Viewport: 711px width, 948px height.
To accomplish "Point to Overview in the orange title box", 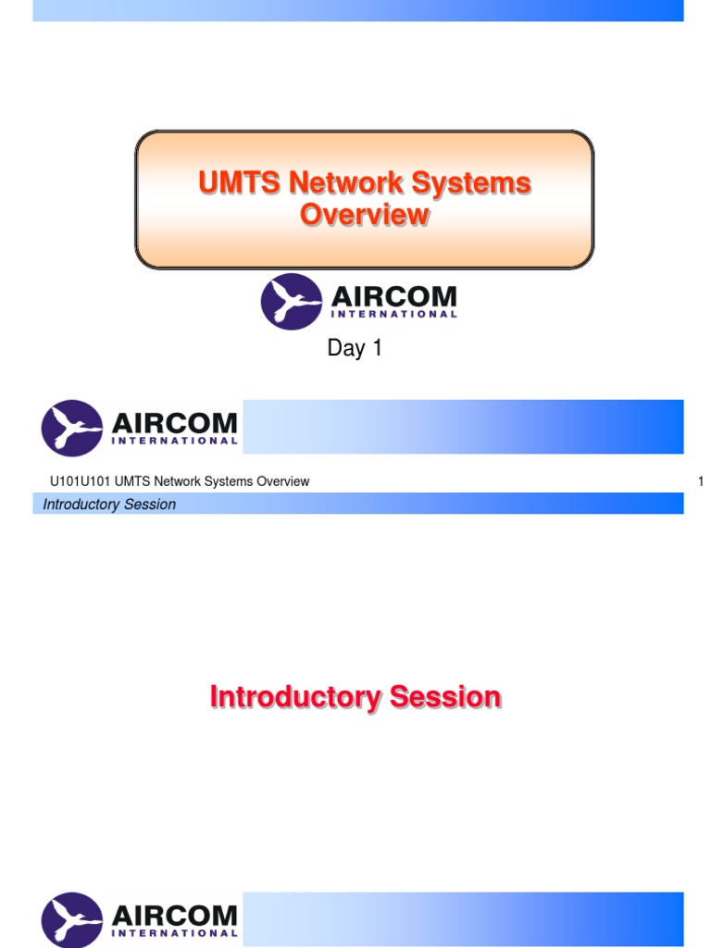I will tap(364, 215).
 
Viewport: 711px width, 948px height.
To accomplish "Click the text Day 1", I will tap(355, 349).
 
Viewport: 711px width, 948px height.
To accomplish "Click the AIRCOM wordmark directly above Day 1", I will tap(393, 297).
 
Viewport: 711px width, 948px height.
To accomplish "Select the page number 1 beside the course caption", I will tap(701, 481).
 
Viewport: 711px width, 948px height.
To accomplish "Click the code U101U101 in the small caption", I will tap(80, 481).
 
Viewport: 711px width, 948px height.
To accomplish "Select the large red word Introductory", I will tap(295, 696).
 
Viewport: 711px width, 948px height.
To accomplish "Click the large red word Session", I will tap(445, 696).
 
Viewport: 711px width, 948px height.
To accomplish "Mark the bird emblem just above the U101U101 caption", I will tap(72, 428).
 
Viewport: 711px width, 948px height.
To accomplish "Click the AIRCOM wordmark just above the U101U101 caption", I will tap(174, 424).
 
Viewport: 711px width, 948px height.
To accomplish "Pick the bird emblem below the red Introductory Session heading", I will tap(72, 920).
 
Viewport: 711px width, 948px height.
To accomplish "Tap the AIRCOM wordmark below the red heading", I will tap(174, 917).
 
